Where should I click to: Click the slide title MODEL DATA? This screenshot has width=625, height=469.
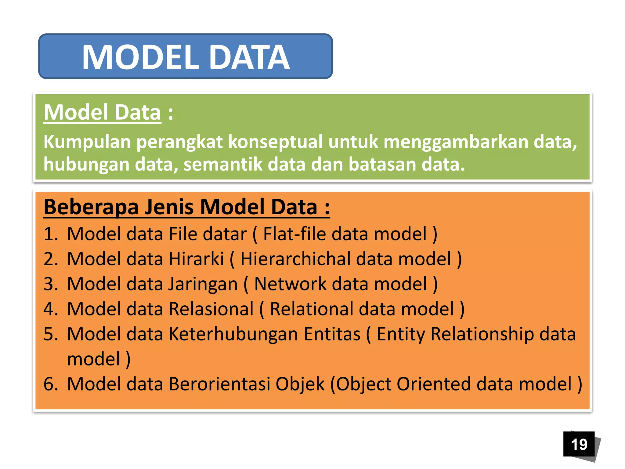click(186, 57)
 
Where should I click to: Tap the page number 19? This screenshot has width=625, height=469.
click(579, 444)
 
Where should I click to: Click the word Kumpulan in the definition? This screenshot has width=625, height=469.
click(87, 142)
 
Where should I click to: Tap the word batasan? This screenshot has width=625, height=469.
click(382, 164)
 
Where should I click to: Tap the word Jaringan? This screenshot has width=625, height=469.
click(203, 284)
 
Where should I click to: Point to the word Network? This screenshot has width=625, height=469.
click(290, 284)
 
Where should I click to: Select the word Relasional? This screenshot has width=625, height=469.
click(211, 309)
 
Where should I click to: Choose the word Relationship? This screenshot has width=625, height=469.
click(482, 334)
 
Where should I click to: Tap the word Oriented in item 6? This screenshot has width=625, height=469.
click(434, 384)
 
